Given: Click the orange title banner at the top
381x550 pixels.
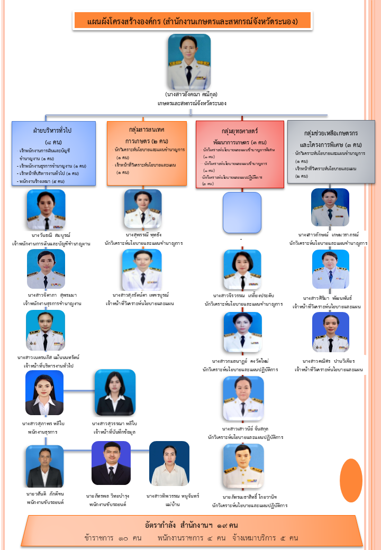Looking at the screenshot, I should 192,21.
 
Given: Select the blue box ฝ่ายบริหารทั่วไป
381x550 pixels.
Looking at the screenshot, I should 53,153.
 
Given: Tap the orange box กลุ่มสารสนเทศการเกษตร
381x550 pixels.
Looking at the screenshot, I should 147,153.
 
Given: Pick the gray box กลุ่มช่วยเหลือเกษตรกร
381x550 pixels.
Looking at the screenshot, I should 331,152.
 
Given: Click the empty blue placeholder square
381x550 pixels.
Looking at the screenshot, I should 242,212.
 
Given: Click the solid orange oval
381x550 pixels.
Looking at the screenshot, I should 351,473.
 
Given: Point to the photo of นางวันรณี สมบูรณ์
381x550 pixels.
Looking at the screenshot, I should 46,209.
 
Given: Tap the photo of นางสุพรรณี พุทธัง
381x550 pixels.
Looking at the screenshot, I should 143,208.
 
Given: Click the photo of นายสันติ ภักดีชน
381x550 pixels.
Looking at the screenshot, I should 44,466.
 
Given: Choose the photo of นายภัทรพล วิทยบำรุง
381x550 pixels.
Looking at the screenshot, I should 111,463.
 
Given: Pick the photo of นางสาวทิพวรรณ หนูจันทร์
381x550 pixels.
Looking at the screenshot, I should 169,464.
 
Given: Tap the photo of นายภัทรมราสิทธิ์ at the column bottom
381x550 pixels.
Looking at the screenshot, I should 243,465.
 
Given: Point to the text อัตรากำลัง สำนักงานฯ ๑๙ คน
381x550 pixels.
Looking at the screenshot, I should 192,525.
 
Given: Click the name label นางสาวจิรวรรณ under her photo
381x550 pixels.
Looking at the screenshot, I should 243,296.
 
